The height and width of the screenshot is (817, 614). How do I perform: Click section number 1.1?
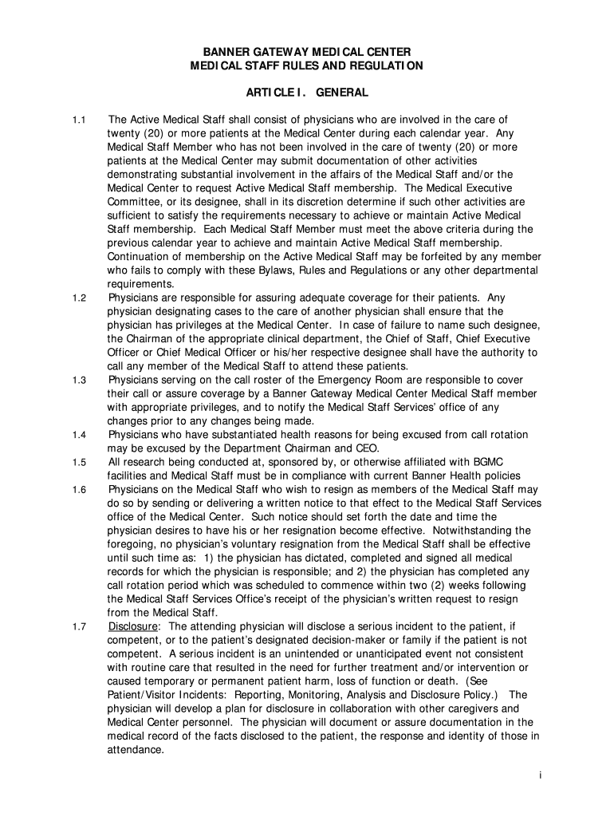click(78, 120)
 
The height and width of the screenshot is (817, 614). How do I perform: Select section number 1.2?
click(78, 298)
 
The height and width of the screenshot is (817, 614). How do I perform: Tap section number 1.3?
click(78, 380)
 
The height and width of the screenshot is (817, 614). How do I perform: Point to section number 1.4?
click(78, 435)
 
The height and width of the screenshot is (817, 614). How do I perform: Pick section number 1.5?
click(78, 462)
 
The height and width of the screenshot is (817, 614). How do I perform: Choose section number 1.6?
click(78, 489)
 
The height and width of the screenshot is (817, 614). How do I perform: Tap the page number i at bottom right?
click(540, 776)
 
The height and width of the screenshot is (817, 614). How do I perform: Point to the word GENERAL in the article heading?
click(342, 93)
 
